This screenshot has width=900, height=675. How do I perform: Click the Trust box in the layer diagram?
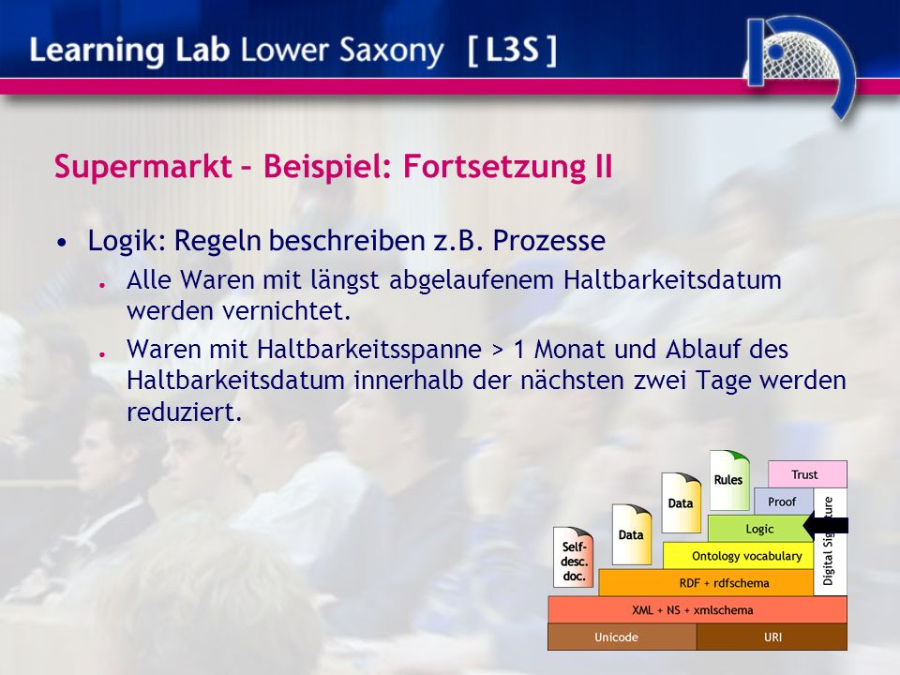click(x=807, y=474)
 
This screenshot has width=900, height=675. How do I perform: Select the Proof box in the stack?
click(x=783, y=502)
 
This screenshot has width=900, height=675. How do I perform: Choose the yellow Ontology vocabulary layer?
click(x=738, y=556)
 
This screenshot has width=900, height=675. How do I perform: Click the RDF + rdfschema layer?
click(x=706, y=582)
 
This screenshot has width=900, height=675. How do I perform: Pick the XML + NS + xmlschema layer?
click(x=697, y=609)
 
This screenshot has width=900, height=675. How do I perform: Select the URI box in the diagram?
click(x=772, y=637)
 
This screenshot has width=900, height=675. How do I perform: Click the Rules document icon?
click(x=729, y=480)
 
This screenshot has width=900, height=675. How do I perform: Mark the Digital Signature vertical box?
click(x=830, y=542)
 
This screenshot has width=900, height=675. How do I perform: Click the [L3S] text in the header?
click(x=512, y=50)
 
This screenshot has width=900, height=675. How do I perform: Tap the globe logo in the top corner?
click(x=798, y=60)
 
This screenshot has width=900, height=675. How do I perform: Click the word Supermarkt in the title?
click(x=142, y=167)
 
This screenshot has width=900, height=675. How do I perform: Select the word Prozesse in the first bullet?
click(x=548, y=241)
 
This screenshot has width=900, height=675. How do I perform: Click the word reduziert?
click(x=185, y=412)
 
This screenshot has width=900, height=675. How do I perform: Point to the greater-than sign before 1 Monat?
click(x=497, y=350)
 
